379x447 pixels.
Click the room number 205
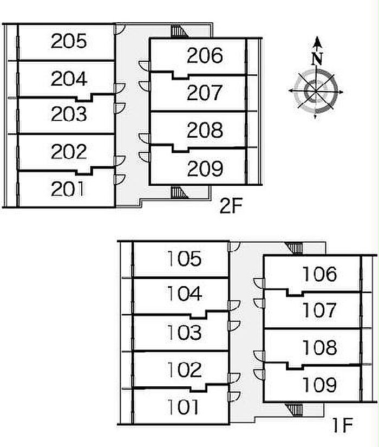click(69, 42)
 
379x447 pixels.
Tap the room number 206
click(205, 55)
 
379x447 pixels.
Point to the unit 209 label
click(205, 169)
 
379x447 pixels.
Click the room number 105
click(184, 259)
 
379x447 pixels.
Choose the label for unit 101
click(184, 407)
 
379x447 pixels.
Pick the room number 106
click(319, 274)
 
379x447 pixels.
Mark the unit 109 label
click(319, 385)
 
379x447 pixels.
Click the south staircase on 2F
click(179, 191)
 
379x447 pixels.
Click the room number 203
click(69, 115)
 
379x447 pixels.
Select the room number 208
click(205, 131)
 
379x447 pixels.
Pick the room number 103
click(184, 332)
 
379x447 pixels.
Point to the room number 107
click(319, 310)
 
